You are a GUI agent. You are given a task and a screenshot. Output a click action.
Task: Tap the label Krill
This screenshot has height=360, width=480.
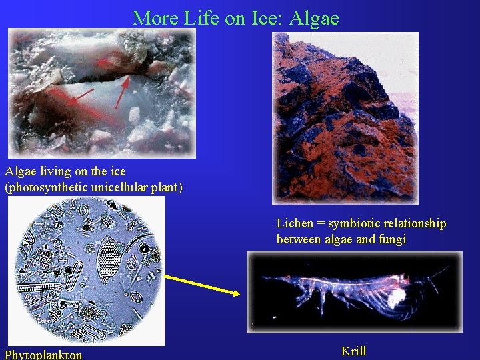353,351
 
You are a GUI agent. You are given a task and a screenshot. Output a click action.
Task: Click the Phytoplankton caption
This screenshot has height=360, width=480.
43,355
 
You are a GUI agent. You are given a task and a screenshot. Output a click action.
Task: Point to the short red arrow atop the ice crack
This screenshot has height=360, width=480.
106,63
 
